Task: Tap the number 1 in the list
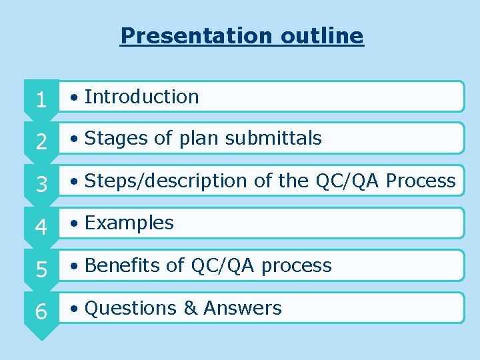click(x=41, y=100)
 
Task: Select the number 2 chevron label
click(x=41, y=142)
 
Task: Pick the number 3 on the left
click(x=41, y=185)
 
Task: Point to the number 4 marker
click(x=41, y=227)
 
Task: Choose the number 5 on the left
click(x=41, y=269)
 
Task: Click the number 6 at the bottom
click(x=41, y=312)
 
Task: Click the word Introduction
click(x=141, y=97)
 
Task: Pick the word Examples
click(x=129, y=223)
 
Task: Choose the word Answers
click(x=243, y=308)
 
